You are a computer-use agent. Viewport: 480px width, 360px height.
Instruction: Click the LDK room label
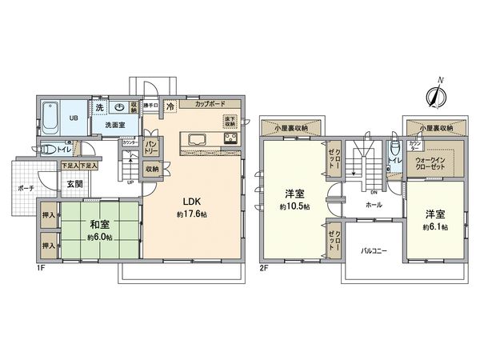pyautogui.click(x=190, y=201)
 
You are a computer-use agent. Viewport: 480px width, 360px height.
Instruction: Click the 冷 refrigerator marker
pyautogui.click(x=170, y=106)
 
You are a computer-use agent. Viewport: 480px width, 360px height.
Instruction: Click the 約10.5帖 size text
pyautogui.click(x=294, y=207)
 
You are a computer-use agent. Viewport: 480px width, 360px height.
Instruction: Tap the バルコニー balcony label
pyautogui.click(x=373, y=250)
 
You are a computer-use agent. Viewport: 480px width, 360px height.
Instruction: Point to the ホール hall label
pyautogui.click(x=373, y=206)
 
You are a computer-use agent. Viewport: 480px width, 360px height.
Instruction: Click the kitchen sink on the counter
pyautogui.click(x=198, y=140)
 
